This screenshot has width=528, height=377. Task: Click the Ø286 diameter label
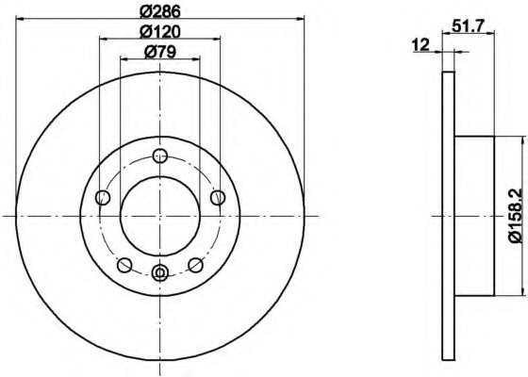click(x=160, y=11)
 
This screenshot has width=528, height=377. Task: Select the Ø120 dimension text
click(x=160, y=32)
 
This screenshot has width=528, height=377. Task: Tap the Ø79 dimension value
click(x=160, y=52)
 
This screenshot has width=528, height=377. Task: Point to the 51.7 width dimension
click(x=468, y=25)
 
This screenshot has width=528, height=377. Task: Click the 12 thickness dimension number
click(x=421, y=45)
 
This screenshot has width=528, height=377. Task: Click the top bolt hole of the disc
click(x=160, y=156)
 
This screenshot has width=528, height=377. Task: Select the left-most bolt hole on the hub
click(x=103, y=197)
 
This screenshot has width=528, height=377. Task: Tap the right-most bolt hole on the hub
click(x=218, y=197)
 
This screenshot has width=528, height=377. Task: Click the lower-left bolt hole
click(x=124, y=265)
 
